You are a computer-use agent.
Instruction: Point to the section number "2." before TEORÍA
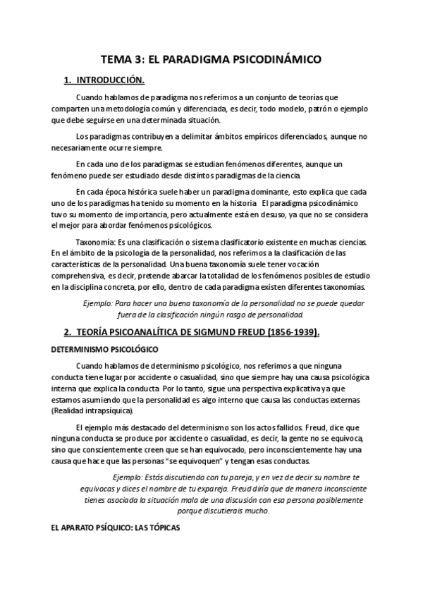[x=68, y=332]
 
